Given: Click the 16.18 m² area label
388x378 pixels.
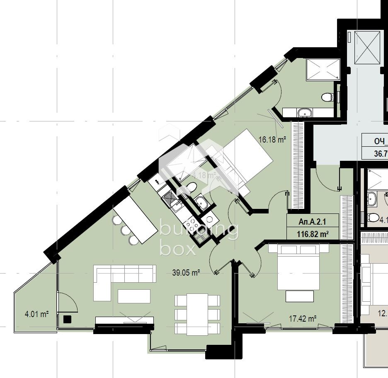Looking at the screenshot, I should pyautogui.click(x=272, y=140).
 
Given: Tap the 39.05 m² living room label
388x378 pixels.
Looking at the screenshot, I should pyautogui.click(x=186, y=272).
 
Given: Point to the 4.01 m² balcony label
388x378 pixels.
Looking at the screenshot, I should pyautogui.click(x=37, y=314).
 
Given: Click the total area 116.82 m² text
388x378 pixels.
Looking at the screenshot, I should pyautogui.click(x=313, y=234).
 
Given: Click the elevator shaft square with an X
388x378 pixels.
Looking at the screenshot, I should pyautogui.click(x=367, y=47).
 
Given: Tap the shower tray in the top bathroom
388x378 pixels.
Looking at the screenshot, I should pyautogui.click(x=323, y=69).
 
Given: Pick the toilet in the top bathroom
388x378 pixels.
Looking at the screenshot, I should pyautogui.click(x=327, y=97).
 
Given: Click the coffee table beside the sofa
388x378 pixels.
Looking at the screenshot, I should pyautogui.click(x=134, y=296).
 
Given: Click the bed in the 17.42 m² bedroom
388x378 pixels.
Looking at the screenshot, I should pyautogui.click(x=298, y=267).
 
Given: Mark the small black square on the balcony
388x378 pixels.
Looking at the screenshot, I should pyautogui.click(x=67, y=319).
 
